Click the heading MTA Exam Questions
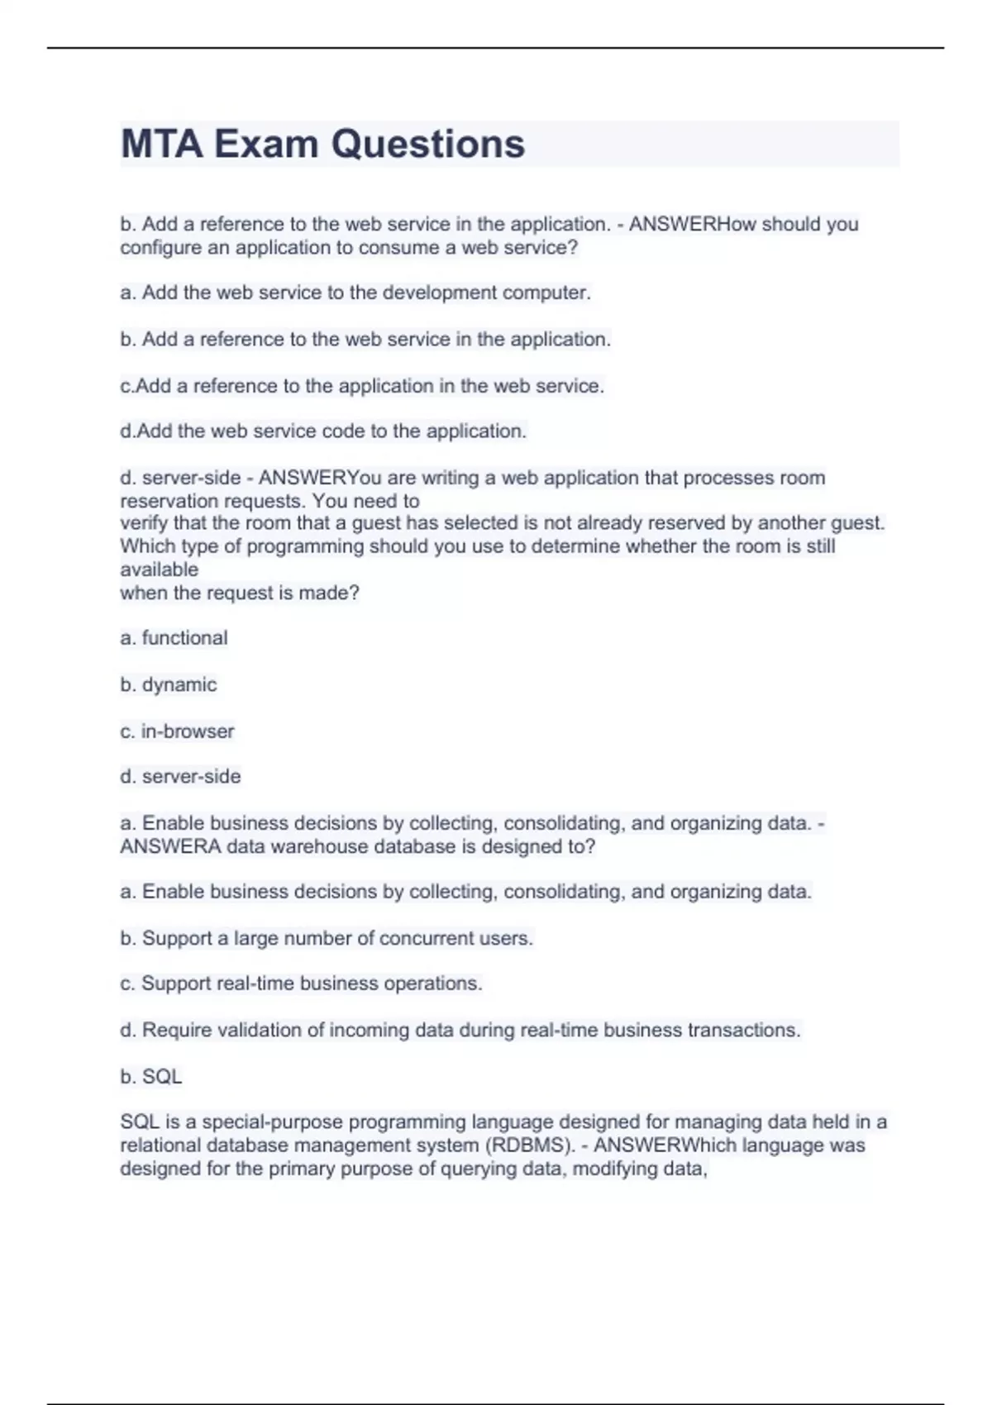click(x=322, y=144)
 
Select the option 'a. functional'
click(x=174, y=638)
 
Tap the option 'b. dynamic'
click(x=168, y=684)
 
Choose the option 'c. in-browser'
click(x=177, y=731)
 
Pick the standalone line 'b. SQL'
click(x=150, y=1076)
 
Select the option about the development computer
click(x=355, y=293)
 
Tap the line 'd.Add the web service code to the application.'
click(x=323, y=431)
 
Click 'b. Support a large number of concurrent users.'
click(x=327, y=938)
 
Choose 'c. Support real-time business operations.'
click(x=301, y=983)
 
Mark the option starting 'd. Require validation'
click(x=460, y=1030)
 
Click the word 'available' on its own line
click(x=159, y=569)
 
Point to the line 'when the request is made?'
click(x=240, y=593)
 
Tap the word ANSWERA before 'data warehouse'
click(x=170, y=846)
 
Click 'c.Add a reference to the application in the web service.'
click(x=362, y=386)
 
